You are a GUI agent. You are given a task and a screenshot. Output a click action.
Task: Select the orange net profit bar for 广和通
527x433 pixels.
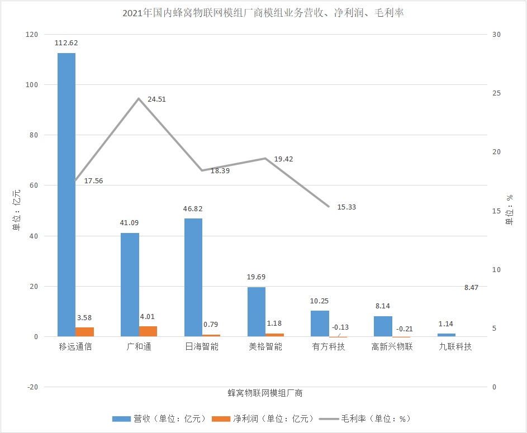(148, 331)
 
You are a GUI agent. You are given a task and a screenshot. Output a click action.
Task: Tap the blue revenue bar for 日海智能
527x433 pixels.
(193, 278)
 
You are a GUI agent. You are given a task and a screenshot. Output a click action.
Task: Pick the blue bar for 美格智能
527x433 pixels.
(257, 312)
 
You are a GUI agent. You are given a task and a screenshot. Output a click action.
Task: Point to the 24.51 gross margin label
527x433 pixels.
(156, 99)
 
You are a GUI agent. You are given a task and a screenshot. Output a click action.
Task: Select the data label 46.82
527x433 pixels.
(193, 208)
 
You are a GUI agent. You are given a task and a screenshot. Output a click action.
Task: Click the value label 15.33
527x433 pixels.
(346, 207)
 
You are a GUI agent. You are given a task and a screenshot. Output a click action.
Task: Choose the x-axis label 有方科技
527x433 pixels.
(329, 347)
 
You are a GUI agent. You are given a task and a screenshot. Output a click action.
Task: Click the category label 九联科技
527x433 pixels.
(455, 347)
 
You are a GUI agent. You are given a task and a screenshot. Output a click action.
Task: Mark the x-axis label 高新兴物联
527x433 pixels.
(392, 347)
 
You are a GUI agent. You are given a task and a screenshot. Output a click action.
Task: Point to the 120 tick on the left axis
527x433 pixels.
(32, 35)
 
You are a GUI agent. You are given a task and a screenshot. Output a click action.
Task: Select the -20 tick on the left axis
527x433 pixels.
(32, 387)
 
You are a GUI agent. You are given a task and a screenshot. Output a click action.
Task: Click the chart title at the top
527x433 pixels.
(263, 12)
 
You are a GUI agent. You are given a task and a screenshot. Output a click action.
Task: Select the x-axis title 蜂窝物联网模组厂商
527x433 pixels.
(265, 393)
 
